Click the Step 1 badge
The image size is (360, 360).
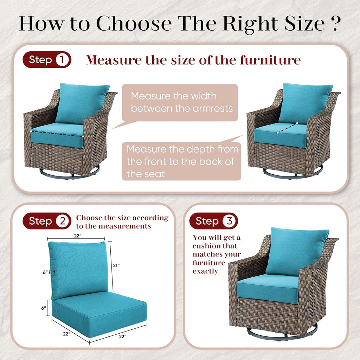47,60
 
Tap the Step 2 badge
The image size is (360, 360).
47,221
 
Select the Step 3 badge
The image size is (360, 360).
213,221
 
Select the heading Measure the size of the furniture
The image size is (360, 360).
193,60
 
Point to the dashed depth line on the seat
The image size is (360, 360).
287,128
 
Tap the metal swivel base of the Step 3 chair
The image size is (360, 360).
281,333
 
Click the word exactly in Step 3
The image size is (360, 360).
205,271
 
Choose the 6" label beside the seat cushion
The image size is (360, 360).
44,308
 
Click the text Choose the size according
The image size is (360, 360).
122,218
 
